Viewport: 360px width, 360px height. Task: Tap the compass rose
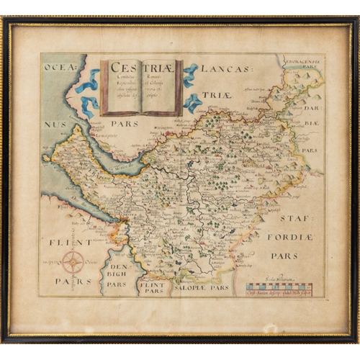pyautogui.click(x=72, y=262)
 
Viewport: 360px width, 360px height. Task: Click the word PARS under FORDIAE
pyautogui.click(x=284, y=256)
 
